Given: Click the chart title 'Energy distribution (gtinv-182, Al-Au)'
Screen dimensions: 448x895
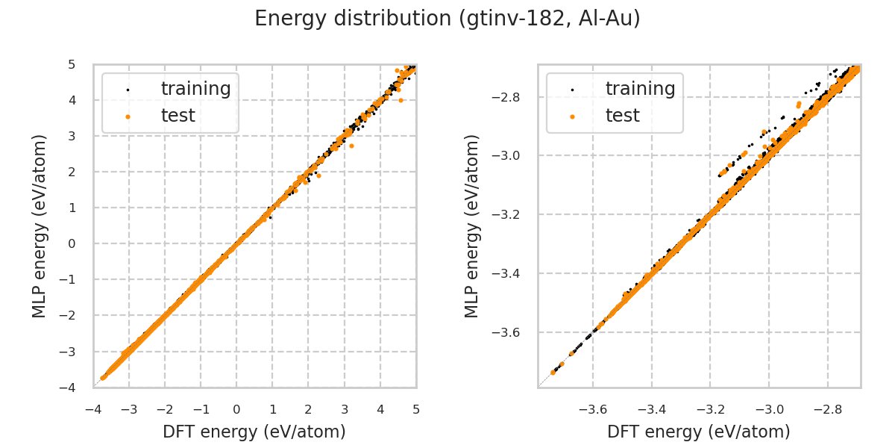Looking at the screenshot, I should coord(447,19).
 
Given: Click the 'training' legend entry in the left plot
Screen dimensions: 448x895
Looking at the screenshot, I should coord(195,89).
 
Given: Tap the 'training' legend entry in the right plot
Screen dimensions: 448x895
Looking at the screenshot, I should coord(640,89).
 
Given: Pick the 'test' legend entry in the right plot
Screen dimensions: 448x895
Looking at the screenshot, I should coord(622,116).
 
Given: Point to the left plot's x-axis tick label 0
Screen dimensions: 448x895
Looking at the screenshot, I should coord(236,409).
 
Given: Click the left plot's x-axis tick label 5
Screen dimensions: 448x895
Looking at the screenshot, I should coord(416,409).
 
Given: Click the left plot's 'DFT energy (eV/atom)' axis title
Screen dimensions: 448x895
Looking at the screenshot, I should coord(254,432).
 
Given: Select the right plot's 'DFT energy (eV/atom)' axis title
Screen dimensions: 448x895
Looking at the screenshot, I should coord(699,432).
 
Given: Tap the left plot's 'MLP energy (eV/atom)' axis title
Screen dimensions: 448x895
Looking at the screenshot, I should coord(40,225).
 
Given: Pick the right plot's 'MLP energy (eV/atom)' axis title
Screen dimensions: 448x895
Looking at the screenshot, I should coord(472,225).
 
